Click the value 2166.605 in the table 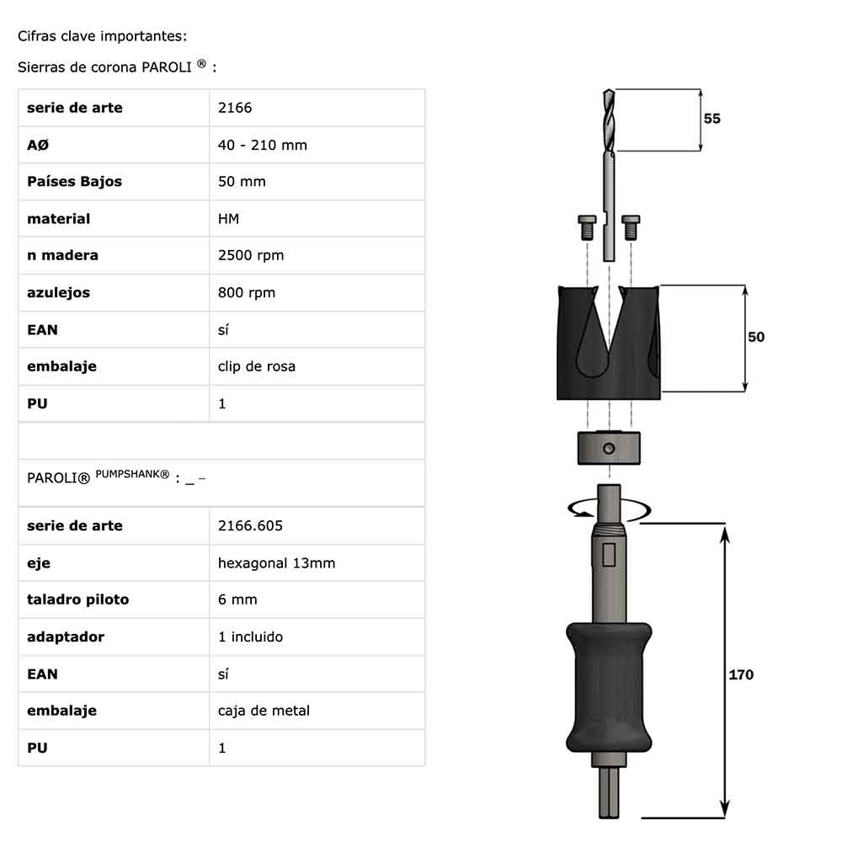click(250, 525)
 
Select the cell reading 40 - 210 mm click(262, 145)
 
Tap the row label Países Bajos click(74, 182)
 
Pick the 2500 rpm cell click(251, 256)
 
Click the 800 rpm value click(247, 293)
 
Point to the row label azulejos click(59, 293)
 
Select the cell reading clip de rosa click(257, 366)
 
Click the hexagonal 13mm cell click(276, 563)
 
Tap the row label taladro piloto click(77, 600)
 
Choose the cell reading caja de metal click(264, 711)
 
